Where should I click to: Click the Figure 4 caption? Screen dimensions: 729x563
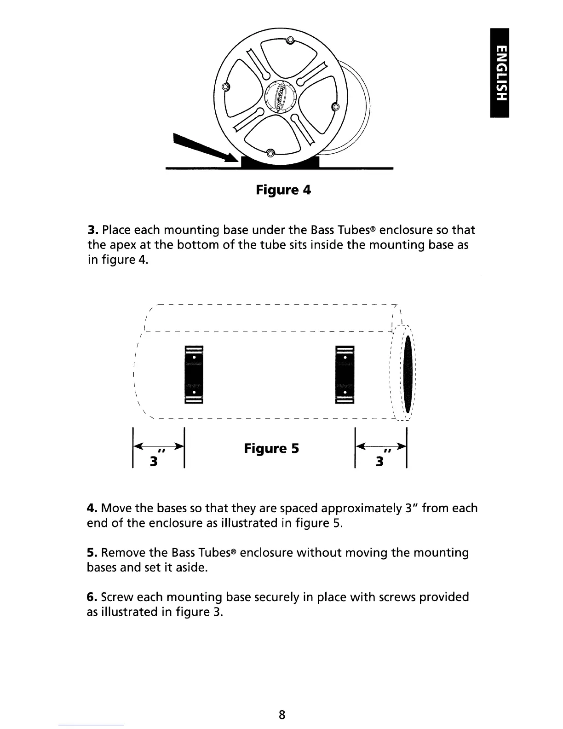[283, 190]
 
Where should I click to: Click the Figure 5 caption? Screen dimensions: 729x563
[271, 448]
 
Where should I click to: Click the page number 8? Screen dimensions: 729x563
[282, 714]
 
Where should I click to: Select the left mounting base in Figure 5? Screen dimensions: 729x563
[193, 374]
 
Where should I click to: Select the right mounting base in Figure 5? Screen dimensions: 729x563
[345, 374]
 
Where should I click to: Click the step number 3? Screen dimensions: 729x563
[92, 230]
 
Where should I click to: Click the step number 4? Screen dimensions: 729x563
[91, 509]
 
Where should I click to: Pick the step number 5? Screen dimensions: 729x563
[91, 553]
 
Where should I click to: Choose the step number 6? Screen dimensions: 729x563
[91, 597]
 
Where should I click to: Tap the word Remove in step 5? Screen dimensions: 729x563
[123, 553]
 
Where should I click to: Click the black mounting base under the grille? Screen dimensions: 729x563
[280, 162]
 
